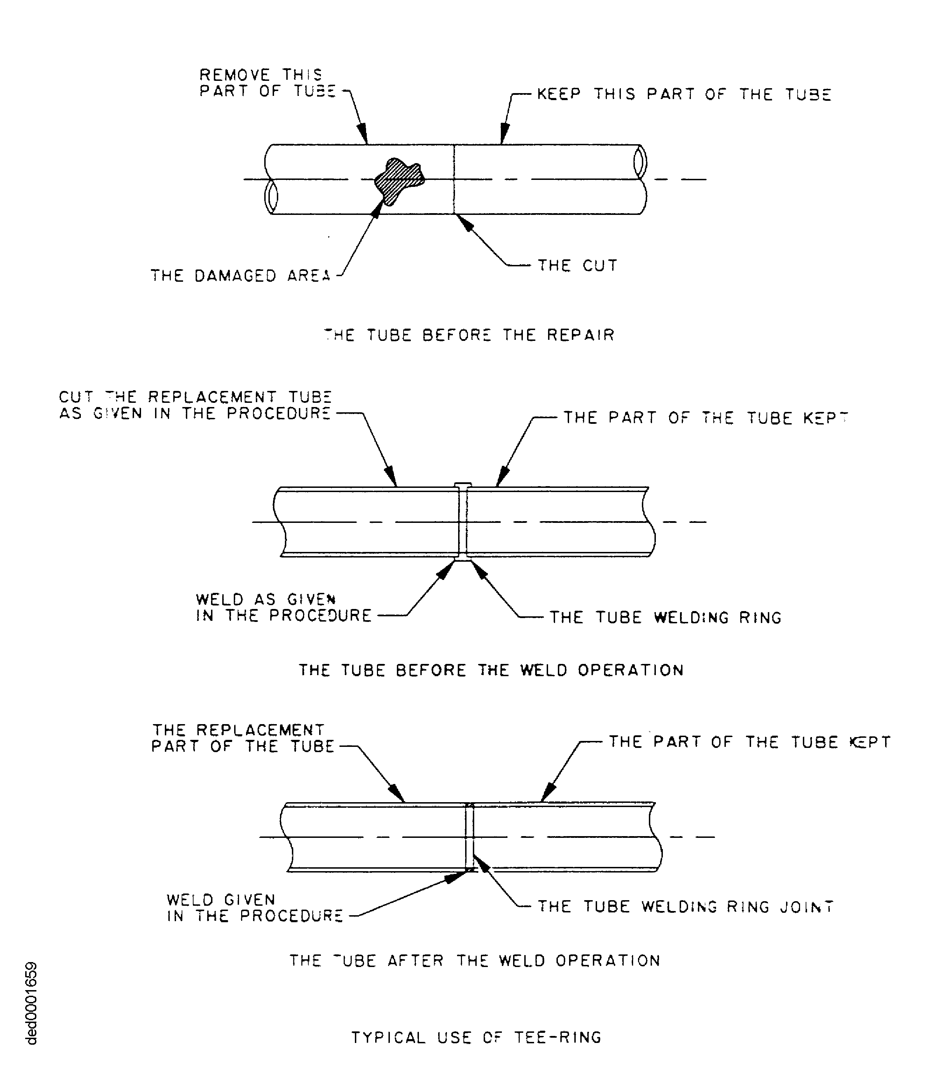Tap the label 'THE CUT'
[x=577, y=266]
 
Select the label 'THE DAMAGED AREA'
[x=240, y=276]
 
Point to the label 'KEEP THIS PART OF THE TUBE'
[x=684, y=94]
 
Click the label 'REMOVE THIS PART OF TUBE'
[x=266, y=83]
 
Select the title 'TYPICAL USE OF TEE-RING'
[x=476, y=1038]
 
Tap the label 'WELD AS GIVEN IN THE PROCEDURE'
[x=283, y=608]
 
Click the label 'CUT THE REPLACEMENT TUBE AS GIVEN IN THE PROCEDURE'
[x=195, y=406]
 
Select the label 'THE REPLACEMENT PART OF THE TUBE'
[x=242, y=738]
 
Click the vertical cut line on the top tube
[x=454, y=180]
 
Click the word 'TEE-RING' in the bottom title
[x=558, y=1038]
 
